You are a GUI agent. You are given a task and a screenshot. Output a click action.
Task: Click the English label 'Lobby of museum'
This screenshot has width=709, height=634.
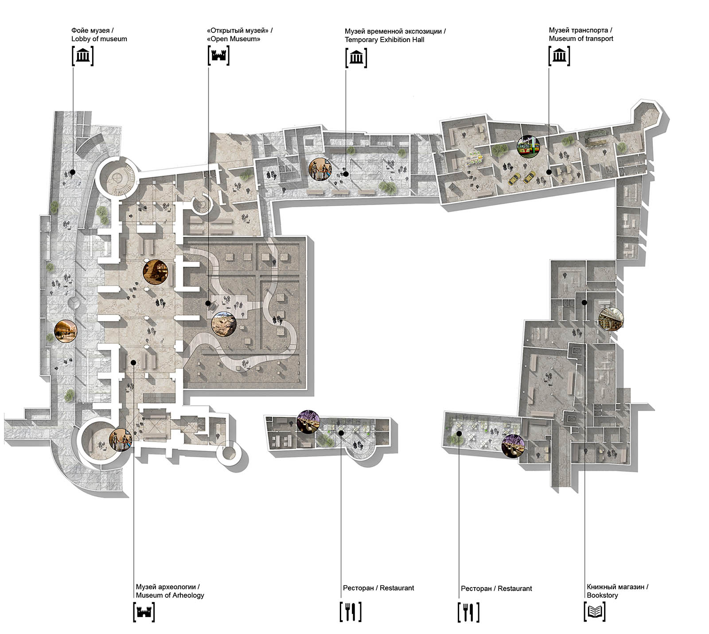coord(99,39)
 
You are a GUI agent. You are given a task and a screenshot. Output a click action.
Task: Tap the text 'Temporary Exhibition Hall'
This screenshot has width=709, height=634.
coord(385,40)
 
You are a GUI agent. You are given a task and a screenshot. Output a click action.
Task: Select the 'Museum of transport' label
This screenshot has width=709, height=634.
coord(581,39)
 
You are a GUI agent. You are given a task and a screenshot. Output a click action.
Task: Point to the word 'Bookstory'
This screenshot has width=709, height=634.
coord(602,595)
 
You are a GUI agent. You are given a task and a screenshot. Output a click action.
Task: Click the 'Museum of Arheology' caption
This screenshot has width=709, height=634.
coord(170,595)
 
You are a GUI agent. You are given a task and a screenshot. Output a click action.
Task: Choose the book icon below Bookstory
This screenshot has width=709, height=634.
coord(595,612)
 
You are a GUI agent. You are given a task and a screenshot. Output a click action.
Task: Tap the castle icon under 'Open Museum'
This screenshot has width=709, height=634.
coord(219,56)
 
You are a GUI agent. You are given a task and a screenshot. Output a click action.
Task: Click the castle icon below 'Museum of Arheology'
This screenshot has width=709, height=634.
coord(144,612)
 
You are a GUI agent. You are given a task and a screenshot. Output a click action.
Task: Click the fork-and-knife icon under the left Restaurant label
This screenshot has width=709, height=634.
coord(351,612)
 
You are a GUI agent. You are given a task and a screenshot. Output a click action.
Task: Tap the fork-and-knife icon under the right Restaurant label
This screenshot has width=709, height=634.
coord(468,612)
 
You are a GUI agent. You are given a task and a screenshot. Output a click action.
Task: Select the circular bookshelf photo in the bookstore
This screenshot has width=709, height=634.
coord(611,318)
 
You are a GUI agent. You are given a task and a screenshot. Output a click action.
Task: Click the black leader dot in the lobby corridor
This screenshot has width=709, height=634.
coord(72,172)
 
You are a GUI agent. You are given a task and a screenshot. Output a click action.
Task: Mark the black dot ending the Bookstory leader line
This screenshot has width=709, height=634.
coord(584,303)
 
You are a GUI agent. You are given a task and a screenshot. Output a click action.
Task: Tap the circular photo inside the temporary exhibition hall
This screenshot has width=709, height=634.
coord(320,169)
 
